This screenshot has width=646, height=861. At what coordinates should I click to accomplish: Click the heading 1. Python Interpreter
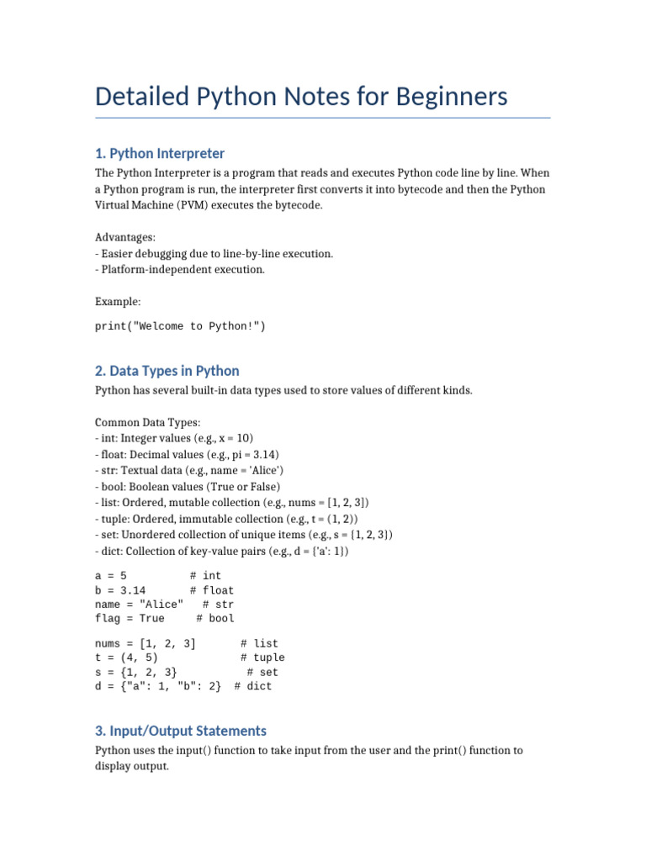[160, 153]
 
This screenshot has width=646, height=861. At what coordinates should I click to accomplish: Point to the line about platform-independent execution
[180, 269]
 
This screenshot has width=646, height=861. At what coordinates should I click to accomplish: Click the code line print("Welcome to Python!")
[180, 326]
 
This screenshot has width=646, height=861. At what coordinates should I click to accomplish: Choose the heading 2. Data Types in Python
[167, 371]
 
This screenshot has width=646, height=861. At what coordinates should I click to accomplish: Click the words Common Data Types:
[147, 422]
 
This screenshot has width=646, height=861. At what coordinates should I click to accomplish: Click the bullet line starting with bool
[188, 486]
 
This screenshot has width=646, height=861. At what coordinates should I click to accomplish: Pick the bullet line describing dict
[221, 550]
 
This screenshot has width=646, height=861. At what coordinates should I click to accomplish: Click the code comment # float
[212, 590]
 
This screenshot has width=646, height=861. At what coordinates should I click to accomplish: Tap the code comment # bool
[215, 618]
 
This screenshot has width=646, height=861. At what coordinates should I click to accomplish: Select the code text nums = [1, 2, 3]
[146, 643]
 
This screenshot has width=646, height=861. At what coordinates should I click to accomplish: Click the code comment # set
[262, 672]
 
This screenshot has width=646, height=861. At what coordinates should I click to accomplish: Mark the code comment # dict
[253, 686]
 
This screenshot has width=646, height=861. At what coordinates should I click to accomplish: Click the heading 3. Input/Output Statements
[181, 731]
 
